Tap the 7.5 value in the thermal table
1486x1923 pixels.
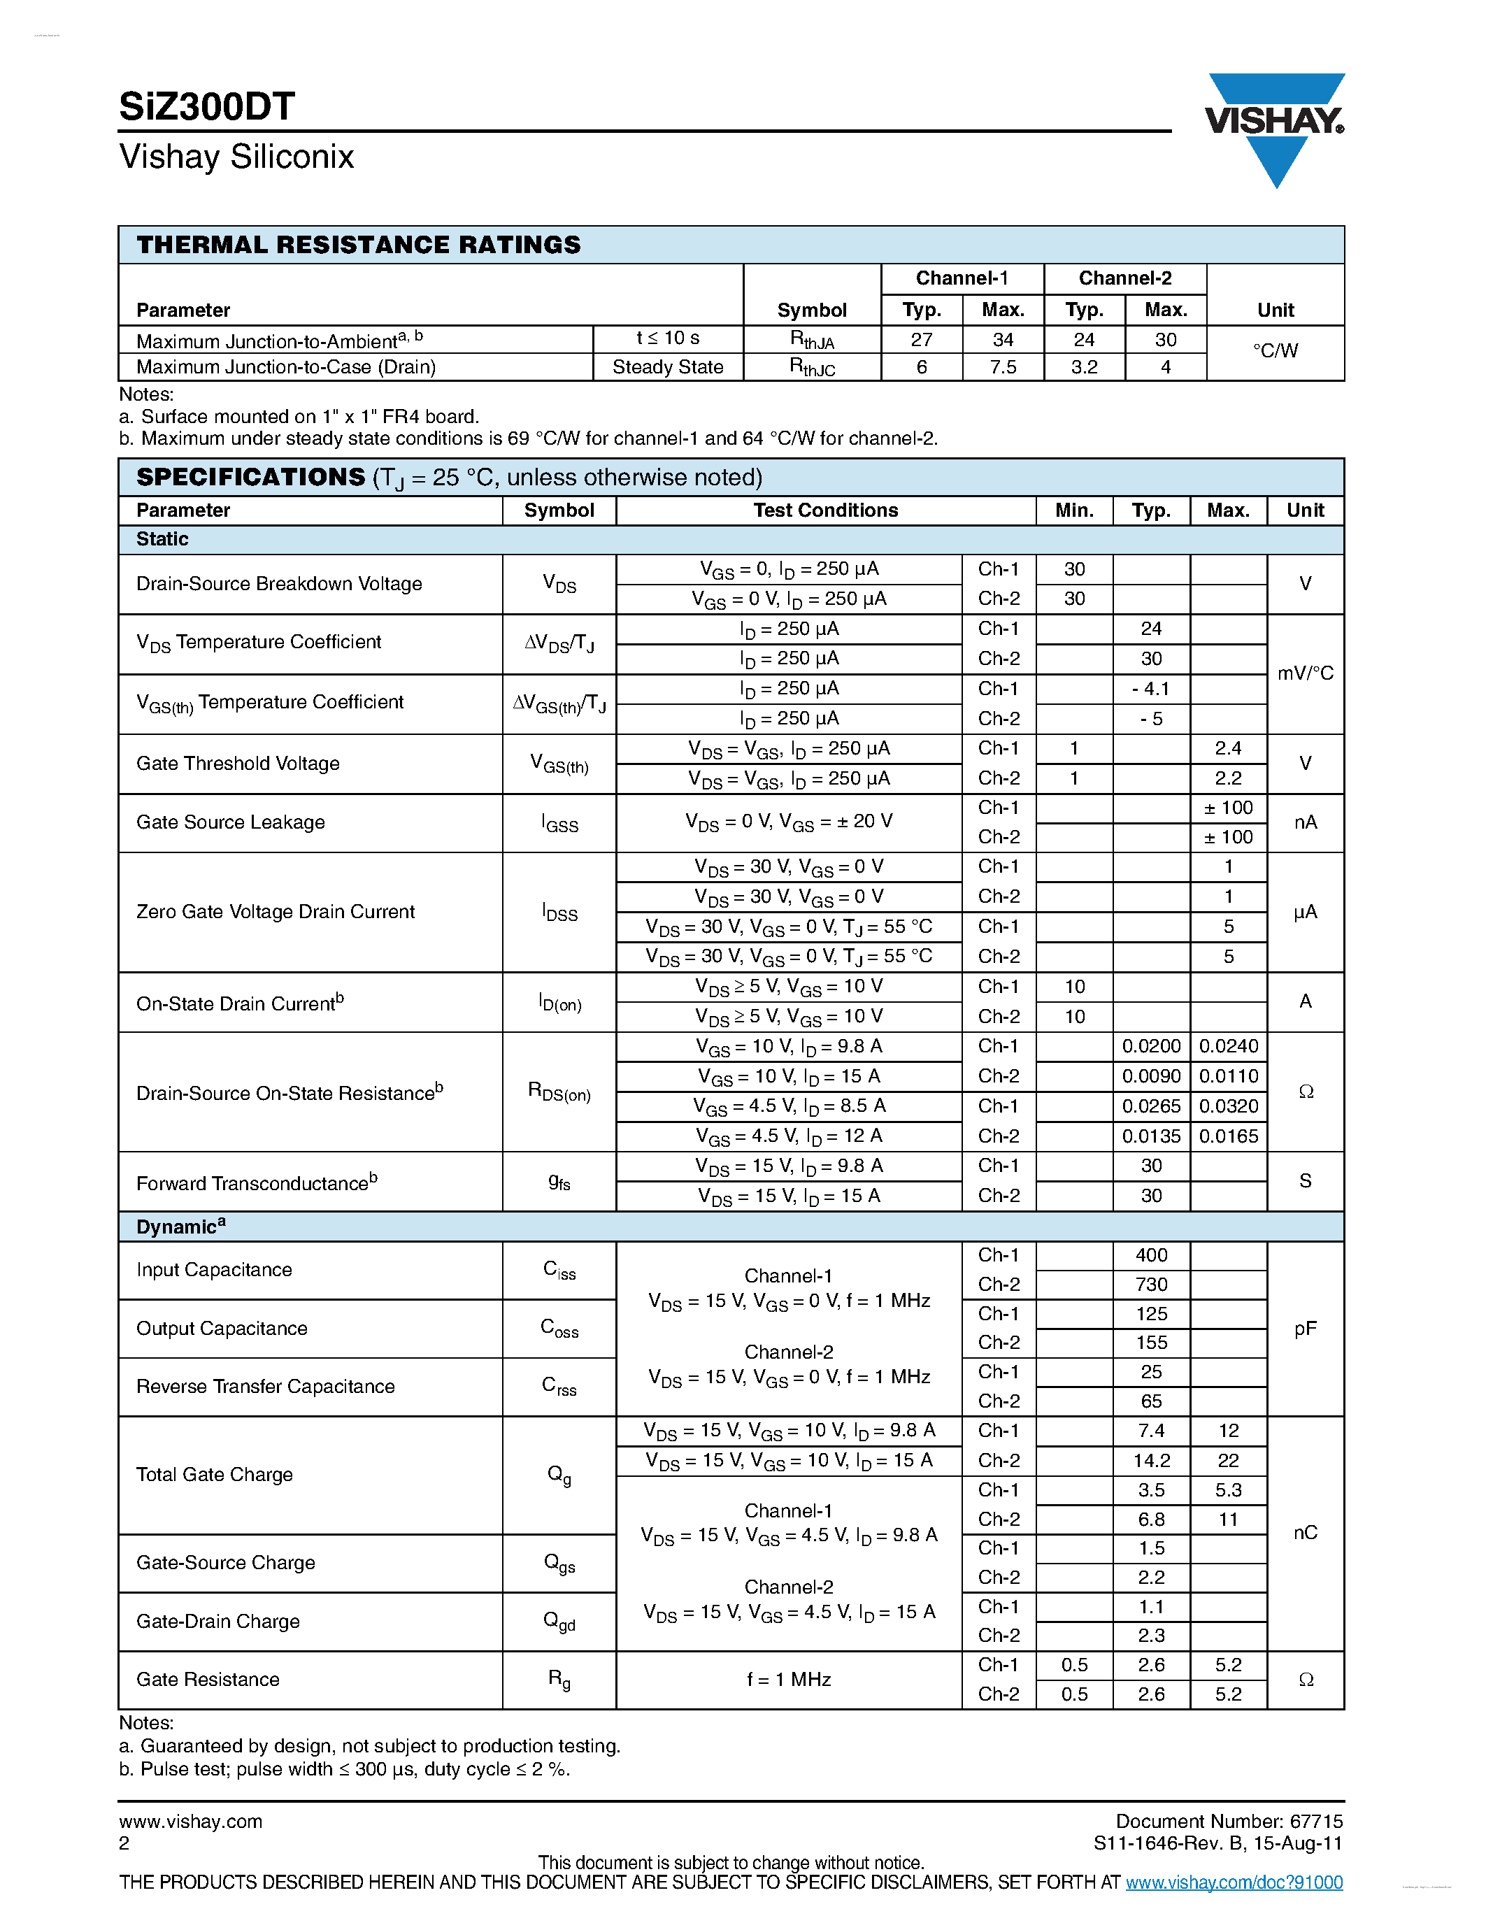click(x=1003, y=367)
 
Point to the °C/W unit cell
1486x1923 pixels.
click(x=1275, y=351)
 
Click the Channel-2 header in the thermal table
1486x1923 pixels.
click(x=1124, y=279)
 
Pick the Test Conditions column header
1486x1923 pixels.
click(x=825, y=510)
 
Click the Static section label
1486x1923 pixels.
click(x=162, y=540)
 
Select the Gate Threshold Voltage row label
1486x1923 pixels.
click(x=238, y=764)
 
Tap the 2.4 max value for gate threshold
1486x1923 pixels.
click(x=1228, y=748)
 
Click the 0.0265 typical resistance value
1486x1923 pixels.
click(x=1150, y=1106)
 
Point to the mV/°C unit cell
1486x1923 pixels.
click(x=1305, y=673)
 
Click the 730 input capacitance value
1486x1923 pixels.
click(x=1150, y=1285)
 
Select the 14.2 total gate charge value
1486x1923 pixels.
click(x=1150, y=1461)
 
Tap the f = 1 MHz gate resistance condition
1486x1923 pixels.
click(x=789, y=1679)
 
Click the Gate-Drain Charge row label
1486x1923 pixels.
click(x=217, y=1621)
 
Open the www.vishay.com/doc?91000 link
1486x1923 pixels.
click(x=1234, y=1882)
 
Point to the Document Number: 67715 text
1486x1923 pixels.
click(x=1228, y=1821)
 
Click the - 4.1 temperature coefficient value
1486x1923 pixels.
click(x=1150, y=689)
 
